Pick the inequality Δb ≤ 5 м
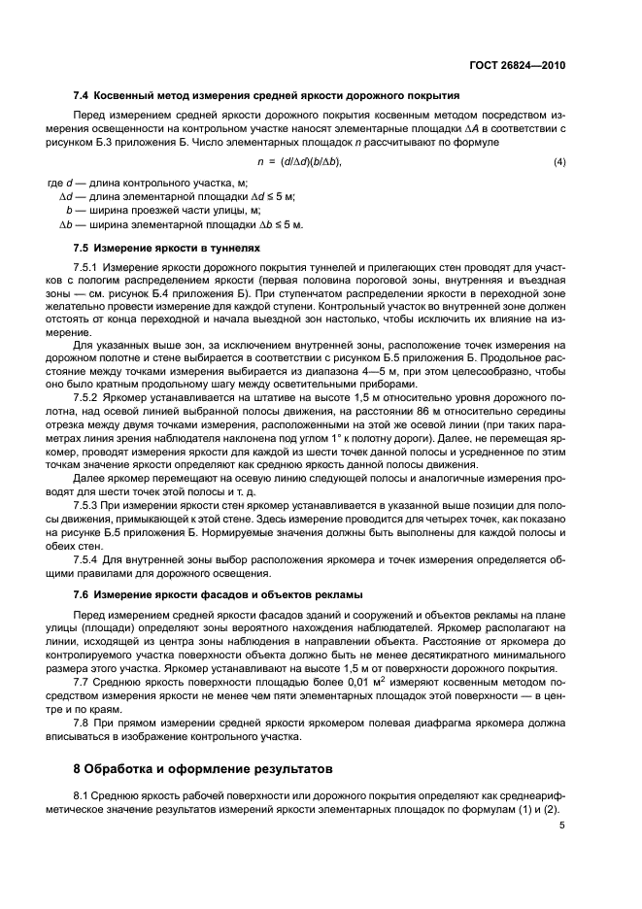[x=282, y=224]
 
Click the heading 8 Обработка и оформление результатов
[x=203, y=770]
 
